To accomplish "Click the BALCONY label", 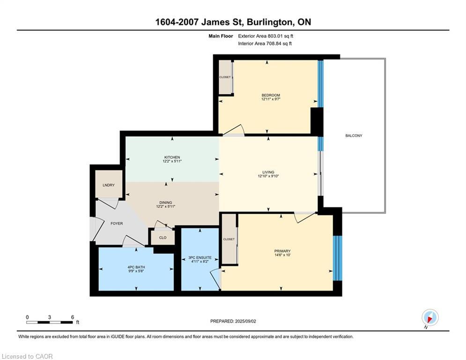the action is click(354, 135).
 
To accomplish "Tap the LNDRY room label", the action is click(109, 185).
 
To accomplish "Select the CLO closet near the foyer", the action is click(163, 238).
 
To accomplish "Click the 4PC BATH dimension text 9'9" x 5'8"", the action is click(136, 271).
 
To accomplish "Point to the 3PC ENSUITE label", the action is click(200, 258).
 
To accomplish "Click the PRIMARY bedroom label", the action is click(282, 251).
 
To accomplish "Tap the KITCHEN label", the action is click(172, 157).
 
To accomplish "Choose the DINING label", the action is click(165, 202).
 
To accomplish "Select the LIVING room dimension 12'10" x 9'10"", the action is click(268, 176).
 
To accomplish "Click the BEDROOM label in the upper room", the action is click(271, 95).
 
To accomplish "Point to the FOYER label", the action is click(117, 224).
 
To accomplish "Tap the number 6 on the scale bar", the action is click(73, 317).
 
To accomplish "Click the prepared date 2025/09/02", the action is click(245, 321).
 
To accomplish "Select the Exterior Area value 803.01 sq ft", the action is click(281, 36).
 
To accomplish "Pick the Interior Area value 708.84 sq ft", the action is click(279, 44).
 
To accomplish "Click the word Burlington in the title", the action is click(269, 22).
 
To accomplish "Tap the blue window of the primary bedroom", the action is click(337, 258).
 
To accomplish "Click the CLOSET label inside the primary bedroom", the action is click(229, 239).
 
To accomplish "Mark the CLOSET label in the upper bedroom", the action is click(225, 77).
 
